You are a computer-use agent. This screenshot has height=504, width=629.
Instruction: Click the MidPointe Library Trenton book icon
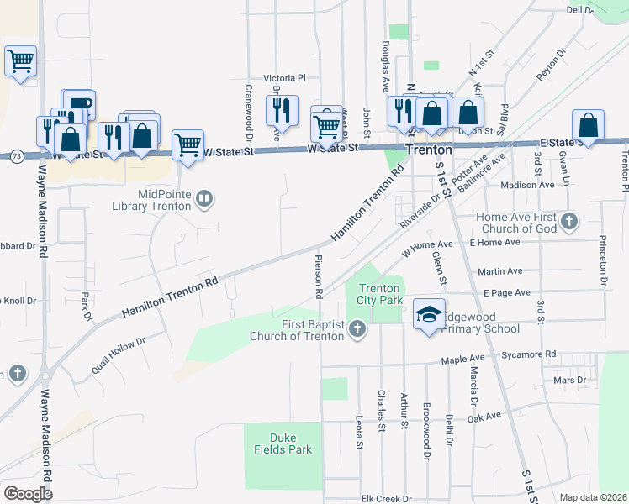point(204,200)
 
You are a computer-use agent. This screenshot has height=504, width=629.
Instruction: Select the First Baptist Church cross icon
point(357,328)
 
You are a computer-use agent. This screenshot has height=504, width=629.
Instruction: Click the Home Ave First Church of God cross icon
point(569,222)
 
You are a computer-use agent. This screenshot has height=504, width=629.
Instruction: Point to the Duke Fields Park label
point(290,444)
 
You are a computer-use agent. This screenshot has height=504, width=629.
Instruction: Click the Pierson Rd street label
point(319,276)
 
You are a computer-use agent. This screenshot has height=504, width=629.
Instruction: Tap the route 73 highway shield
point(17,155)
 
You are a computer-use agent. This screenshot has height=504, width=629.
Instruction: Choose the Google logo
point(28,493)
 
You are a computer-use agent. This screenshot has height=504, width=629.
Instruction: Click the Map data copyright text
point(592,497)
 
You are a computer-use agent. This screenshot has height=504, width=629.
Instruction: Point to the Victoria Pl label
point(284,77)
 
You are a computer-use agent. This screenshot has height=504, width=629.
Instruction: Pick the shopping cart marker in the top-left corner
point(20,60)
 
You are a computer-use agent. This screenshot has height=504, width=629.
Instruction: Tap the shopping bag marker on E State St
point(588,126)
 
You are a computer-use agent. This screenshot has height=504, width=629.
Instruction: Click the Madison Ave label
point(527,185)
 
